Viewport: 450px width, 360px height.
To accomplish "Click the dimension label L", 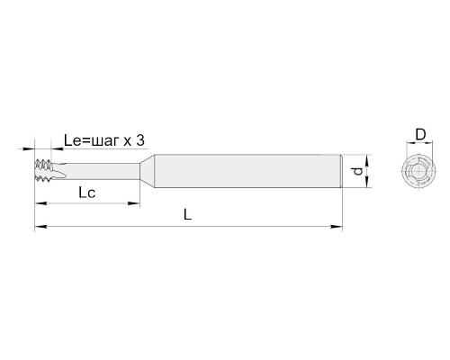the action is pos(187,214).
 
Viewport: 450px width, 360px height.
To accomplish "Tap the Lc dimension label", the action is pos(87,193).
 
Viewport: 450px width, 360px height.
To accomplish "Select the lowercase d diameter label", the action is pos(357,172).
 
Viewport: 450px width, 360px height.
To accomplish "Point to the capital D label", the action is pos(420,135).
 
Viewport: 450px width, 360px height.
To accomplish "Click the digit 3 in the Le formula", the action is pos(140,140).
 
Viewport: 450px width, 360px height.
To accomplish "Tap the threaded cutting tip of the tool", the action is pos(43,170).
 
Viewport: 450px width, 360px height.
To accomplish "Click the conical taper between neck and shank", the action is pos(147,171).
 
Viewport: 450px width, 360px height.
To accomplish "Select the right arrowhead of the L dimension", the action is pos(337,226).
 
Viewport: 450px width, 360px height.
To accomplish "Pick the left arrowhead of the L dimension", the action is pos(40,226).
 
